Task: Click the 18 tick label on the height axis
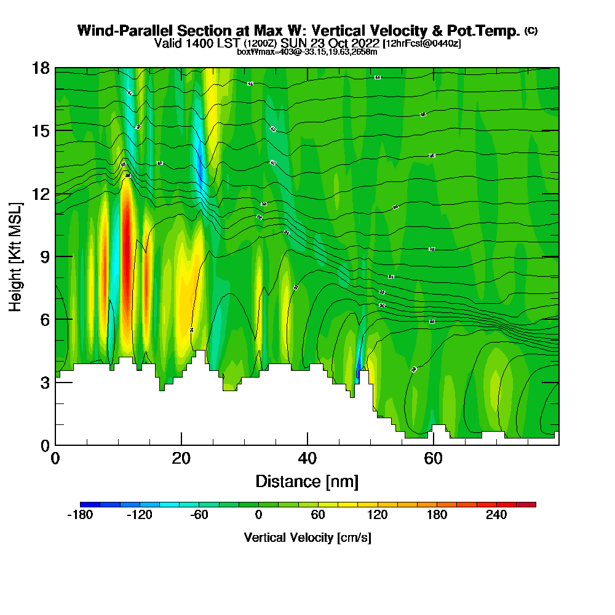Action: click(x=41, y=68)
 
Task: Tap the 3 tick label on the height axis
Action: click(x=45, y=382)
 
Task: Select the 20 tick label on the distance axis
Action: click(x=181, y=458)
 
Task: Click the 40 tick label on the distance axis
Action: click(x=307, y=458)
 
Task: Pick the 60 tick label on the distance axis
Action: click(x=433, y=458)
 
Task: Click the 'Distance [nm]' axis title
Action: click(x=307, y=480)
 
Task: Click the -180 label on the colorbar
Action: click(x=79, y=515)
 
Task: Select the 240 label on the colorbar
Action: click(x=496, y=515)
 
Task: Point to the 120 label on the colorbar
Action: click(x=377, y=515)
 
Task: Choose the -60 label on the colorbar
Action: click(x=199, y=515)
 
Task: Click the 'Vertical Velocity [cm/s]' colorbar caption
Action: click(x=307, y=538)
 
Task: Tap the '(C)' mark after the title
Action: click(x=531, y=30)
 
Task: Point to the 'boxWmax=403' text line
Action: click(x=264, y=52)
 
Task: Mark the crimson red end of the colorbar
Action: click(x=530, y=504)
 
